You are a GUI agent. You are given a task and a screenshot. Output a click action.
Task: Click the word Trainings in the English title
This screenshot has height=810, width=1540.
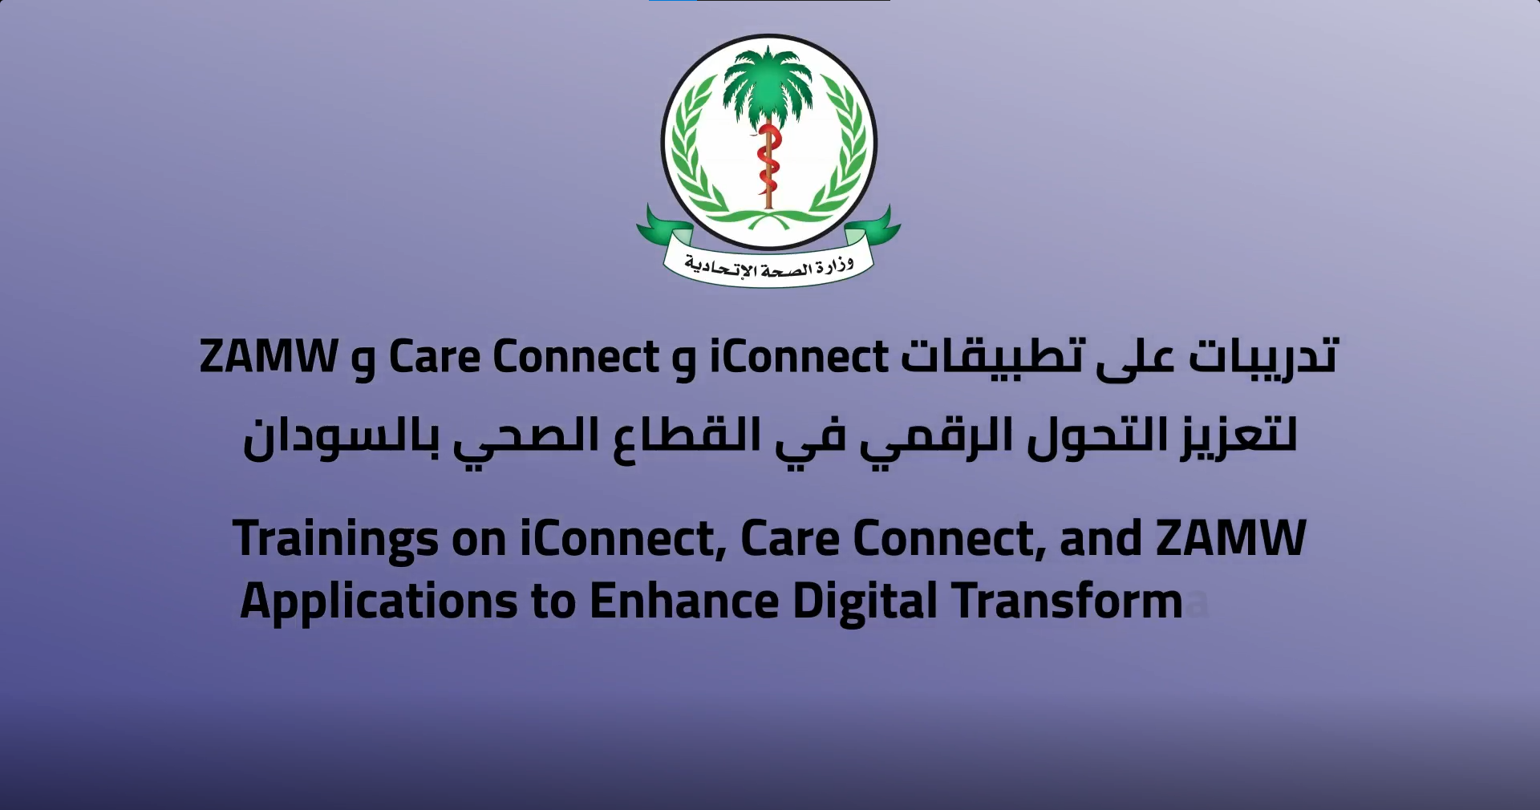[336, 540]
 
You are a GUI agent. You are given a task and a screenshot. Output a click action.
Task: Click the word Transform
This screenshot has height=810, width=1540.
[1068, 601]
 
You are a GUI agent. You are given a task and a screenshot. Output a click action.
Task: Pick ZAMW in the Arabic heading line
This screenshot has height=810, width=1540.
[269, 356]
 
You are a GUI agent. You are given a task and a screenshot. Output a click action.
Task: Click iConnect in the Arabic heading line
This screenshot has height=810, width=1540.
[799, 356]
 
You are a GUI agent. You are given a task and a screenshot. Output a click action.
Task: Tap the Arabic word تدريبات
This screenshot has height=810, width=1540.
[1263, 357]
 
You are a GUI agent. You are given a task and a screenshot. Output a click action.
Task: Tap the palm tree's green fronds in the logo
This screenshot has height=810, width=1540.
[768, 80]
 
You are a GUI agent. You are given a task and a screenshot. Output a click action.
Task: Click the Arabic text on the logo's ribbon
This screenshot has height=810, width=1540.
[768, 265]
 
